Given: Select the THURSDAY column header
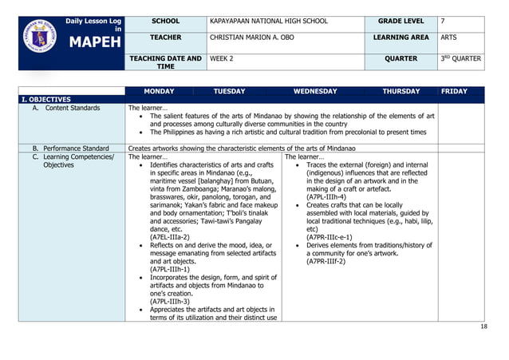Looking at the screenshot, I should [400, 92].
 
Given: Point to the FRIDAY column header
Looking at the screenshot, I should [454, 92].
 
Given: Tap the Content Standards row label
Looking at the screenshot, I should [67, 108].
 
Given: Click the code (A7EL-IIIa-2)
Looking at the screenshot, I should [169, 236].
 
